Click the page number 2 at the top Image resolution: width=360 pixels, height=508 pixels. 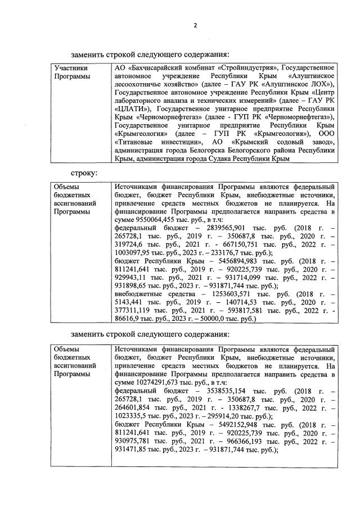coord(195,25)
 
